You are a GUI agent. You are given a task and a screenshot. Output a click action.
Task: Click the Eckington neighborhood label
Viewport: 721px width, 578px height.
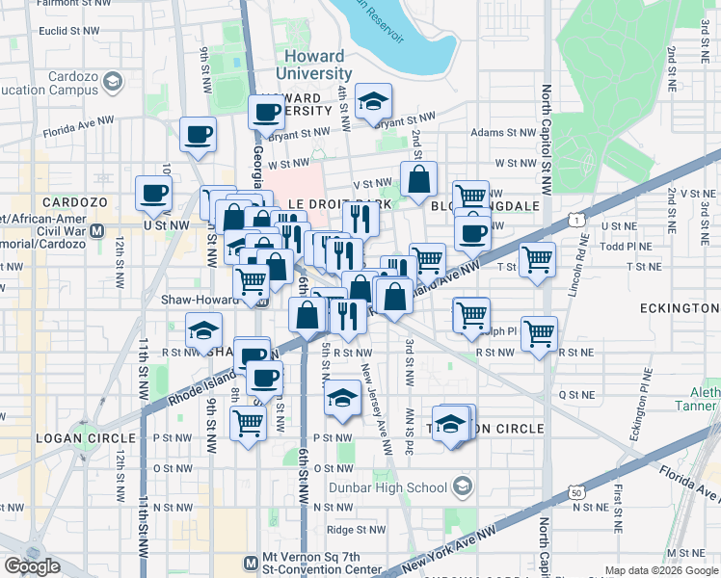coord(679,307)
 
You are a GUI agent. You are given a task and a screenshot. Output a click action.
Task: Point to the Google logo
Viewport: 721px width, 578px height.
coord(32,566)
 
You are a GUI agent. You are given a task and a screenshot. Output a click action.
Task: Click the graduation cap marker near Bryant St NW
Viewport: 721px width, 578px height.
coord(372,102)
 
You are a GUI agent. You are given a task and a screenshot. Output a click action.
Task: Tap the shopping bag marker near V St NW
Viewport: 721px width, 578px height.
coord(419,179)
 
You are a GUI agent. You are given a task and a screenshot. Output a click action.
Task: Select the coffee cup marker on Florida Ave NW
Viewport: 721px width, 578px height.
coord(199,135)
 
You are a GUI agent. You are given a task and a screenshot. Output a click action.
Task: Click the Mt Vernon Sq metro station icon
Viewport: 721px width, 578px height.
coord(250,563)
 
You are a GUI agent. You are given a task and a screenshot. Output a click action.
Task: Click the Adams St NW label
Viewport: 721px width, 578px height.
coord(502,133)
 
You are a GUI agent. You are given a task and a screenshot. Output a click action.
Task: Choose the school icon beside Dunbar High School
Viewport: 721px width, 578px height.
coord(464,487)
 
